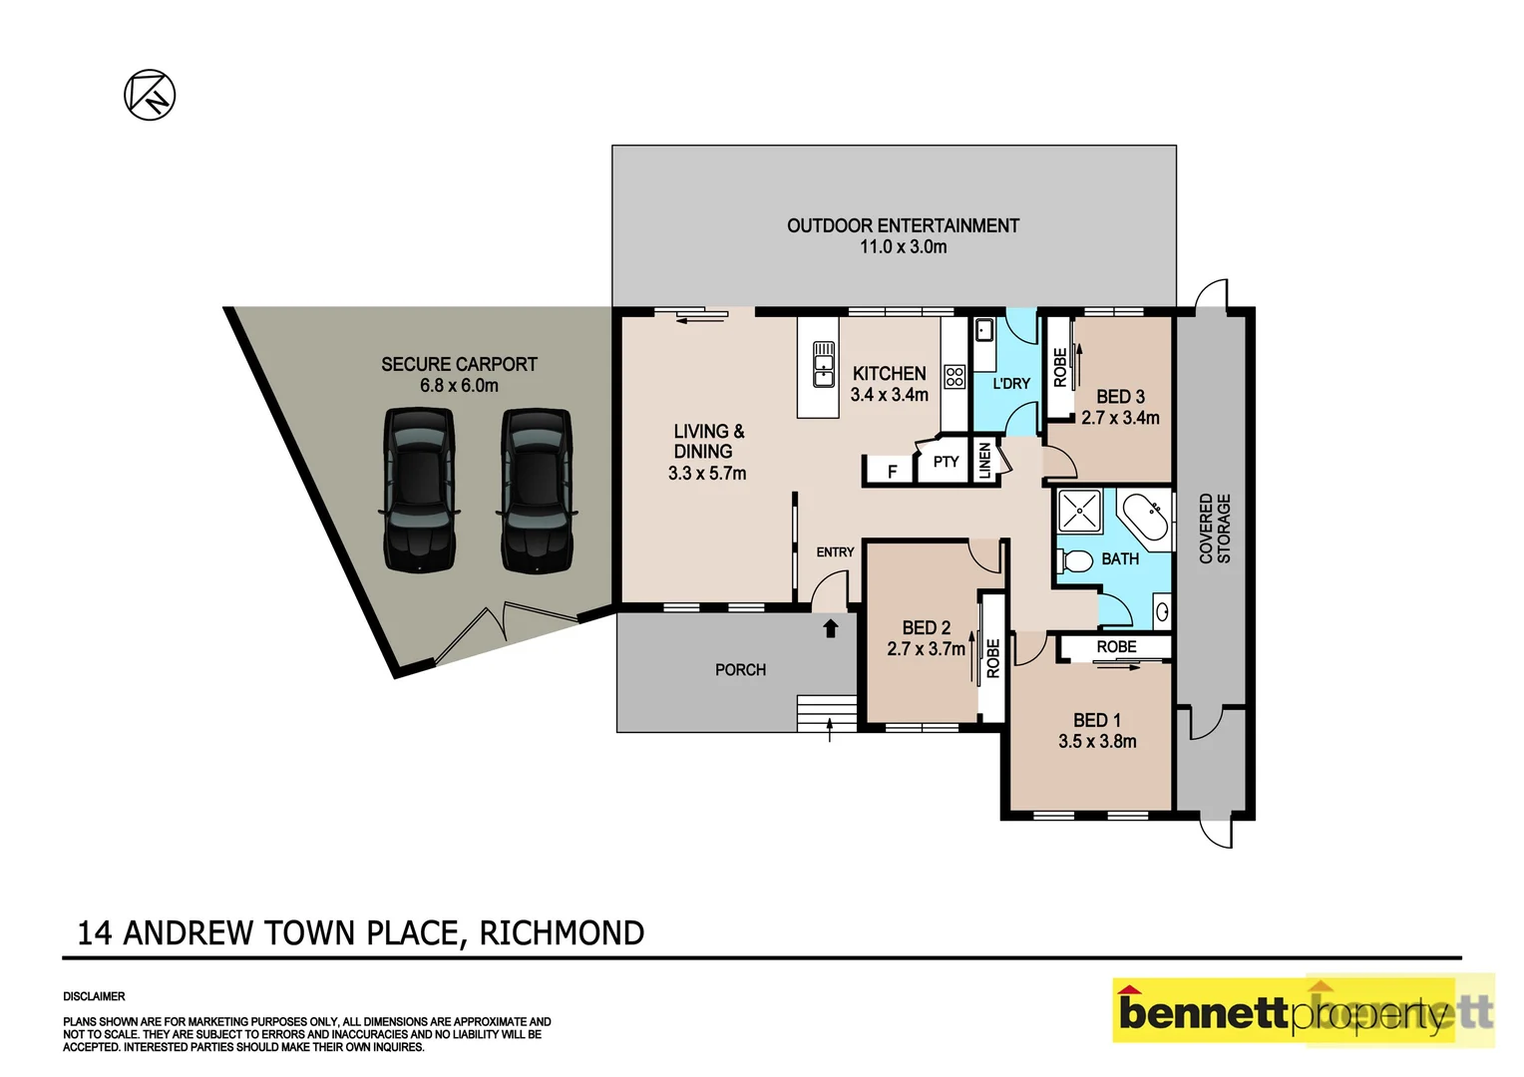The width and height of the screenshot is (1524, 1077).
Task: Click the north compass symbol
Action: tap(150, 96)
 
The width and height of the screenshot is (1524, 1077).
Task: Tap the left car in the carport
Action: tap(420, 490)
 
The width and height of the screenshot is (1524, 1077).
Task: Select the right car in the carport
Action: tap(537, 490)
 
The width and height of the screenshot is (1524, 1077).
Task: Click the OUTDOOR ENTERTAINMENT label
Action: tap(903, 226)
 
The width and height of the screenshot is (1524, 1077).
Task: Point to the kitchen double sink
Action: tap(824, 364)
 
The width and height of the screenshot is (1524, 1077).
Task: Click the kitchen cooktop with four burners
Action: tap(954, 376)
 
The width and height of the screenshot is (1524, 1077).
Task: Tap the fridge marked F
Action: tap(892, 471)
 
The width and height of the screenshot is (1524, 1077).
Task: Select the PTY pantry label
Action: tap(946, 462)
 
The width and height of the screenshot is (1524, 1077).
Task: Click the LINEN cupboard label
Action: tap(985, 461)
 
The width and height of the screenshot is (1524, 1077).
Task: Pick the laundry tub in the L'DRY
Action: tap(983, 329)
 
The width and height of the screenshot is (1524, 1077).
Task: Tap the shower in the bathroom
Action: tap(1080, 512)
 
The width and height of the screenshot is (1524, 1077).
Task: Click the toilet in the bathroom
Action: tap(1074, 561)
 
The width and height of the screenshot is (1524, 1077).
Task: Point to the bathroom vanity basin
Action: tap(1162, 611)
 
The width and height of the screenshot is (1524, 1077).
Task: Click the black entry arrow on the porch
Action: tap(830, 627)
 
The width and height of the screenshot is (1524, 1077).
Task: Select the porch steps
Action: tap(827, 714)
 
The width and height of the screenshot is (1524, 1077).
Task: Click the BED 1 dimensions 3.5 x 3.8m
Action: tap(1097, 741)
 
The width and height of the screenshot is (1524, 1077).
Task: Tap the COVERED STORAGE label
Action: tap(1214, 529)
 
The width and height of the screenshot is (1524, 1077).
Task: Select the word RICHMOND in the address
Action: tap(562, 933)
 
